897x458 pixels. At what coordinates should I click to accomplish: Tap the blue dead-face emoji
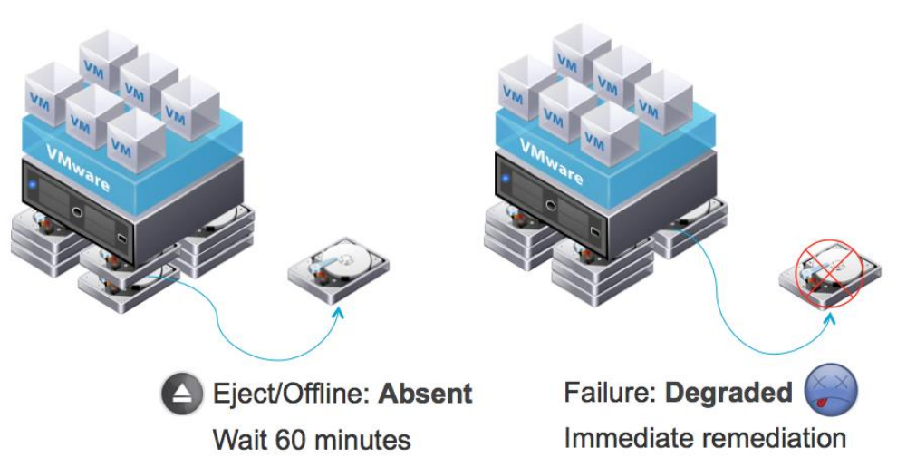pos(830,392)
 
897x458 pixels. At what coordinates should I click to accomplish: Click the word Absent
pos(425,394)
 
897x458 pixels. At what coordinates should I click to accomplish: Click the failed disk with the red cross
pos(827,273)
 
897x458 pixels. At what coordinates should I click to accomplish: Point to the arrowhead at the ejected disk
pos(340,311)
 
